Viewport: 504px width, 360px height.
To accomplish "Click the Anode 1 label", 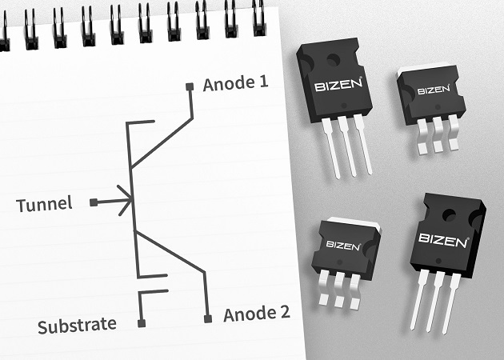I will pyautogui.click(x=235, y=84).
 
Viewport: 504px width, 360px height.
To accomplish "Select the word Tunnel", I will pyautogui.click(x=44, y=204).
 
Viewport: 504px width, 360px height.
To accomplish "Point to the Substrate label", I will pyautogui.click(x=78, y=326).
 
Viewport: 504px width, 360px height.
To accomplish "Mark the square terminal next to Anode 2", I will pyautogui.click(x=208, y=318).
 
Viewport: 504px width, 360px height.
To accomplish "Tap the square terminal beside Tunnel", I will pyautogui.click(x=94, y=203).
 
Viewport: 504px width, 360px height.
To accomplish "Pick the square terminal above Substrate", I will pyautogui.click(x=142, y=324).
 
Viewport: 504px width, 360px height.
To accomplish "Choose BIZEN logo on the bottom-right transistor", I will pyautogui.click(x=443, y=238).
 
